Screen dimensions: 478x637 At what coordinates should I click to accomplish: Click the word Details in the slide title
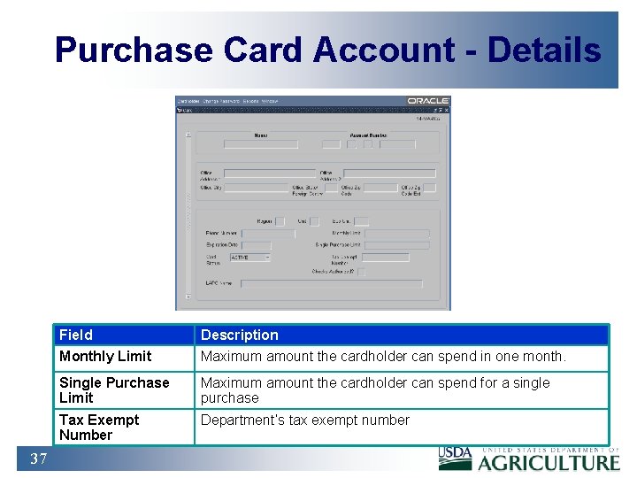[x=543, y=50]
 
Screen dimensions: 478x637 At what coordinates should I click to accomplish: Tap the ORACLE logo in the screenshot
[x=428, y=101]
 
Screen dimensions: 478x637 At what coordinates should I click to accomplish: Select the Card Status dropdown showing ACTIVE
[x=249, y=258]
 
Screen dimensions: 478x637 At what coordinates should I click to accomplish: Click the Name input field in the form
[x=260, y=143]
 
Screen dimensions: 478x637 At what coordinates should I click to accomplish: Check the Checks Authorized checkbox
[x=360, y=272]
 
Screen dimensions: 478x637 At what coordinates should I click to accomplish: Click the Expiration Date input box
[x=257, y=245]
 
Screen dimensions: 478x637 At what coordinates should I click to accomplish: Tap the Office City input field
[x=256, y=188]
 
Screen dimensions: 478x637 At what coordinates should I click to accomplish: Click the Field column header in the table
[x=76, y=335]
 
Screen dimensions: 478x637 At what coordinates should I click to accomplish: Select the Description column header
[x=240, y=335]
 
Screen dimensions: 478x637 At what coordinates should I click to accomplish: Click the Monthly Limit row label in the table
[x=105, y=356]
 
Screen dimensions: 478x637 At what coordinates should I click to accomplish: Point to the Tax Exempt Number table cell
[x=99, y=427]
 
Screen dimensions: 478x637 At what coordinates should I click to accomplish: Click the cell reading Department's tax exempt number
[x=305, y=420]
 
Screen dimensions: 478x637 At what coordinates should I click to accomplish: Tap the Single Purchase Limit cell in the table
[x=114, y=389]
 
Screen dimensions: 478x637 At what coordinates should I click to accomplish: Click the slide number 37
[x=39, y=459]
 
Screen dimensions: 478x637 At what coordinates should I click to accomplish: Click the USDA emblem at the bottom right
[x=456, y=459]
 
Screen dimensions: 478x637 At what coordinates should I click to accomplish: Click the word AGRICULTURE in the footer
[x=549, y=462]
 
